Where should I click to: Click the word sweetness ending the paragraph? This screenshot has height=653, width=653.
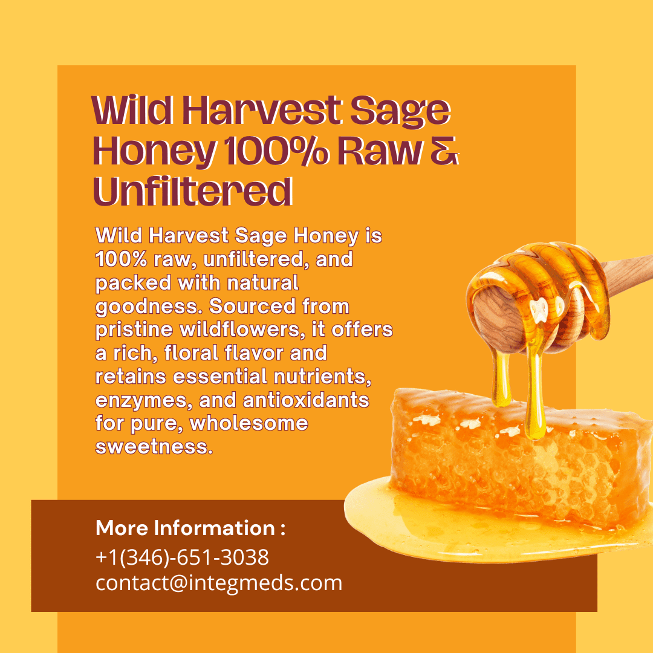tap(154, 447)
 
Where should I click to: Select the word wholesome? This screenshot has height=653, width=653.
tap(249, 423)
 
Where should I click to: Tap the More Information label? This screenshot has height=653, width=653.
tap(190, 528)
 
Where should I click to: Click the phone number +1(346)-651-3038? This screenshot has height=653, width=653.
tap(182, 557)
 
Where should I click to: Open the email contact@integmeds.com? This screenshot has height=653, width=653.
tap(219, 583)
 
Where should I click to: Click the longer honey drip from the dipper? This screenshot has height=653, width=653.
tap(534, 393)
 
